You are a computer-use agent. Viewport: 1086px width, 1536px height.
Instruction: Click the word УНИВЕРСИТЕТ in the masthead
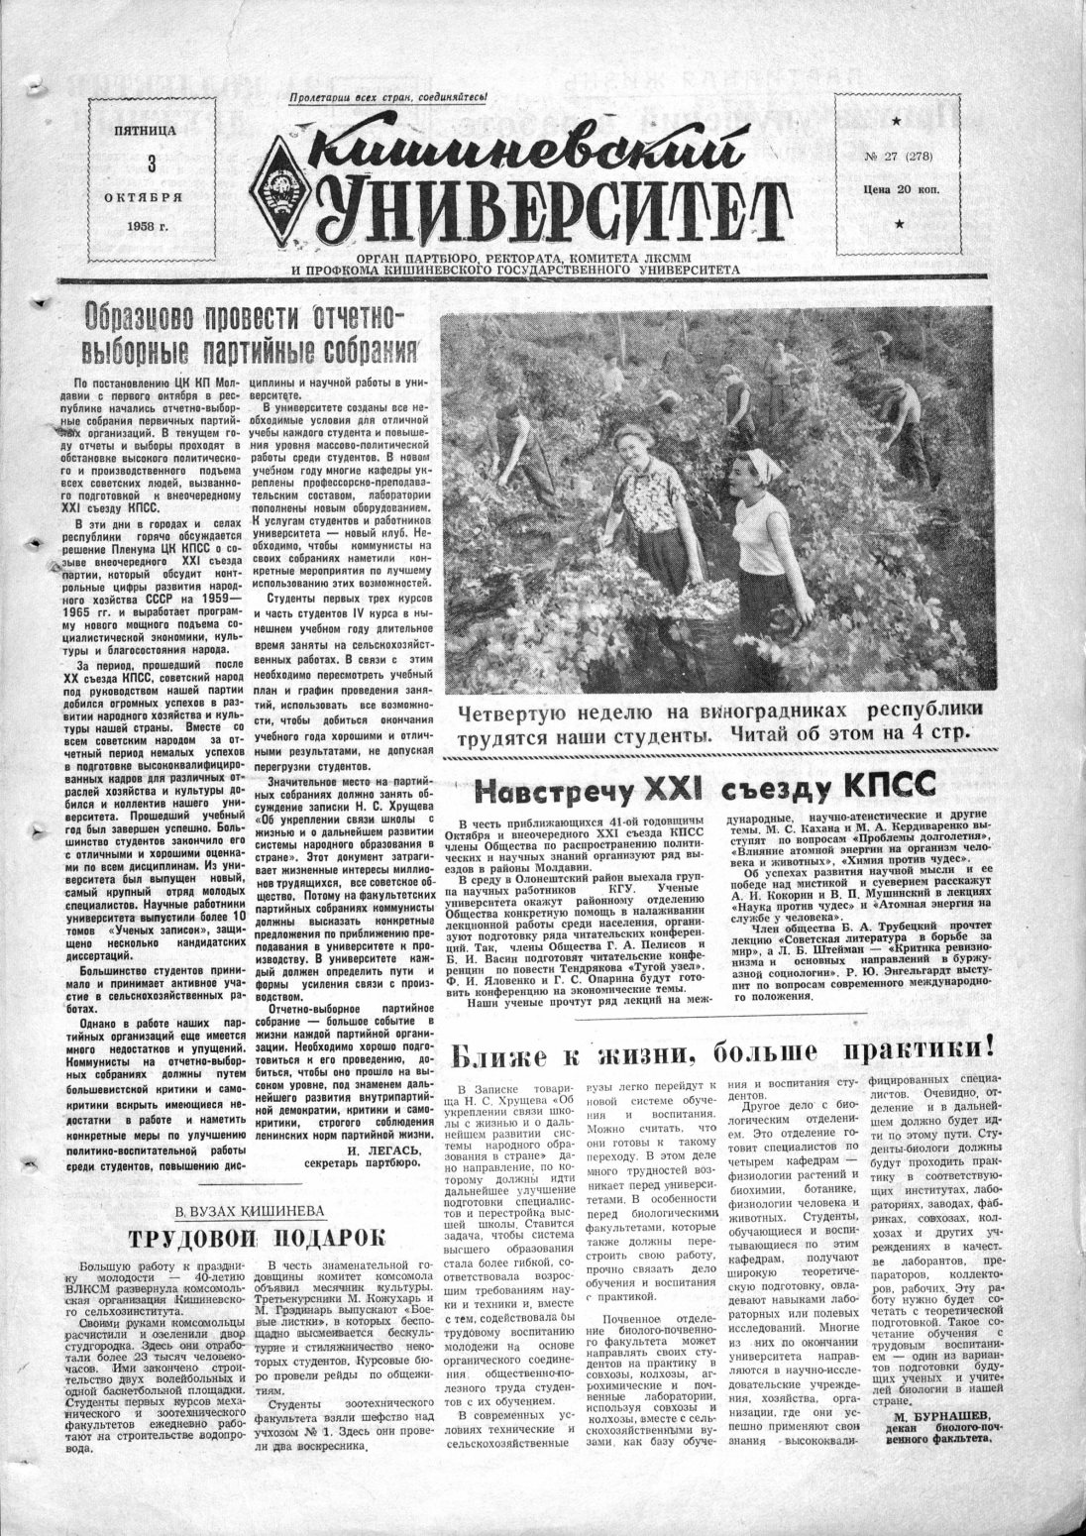click(555, 209)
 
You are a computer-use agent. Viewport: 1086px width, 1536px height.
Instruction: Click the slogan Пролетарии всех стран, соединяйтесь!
click(388, 97)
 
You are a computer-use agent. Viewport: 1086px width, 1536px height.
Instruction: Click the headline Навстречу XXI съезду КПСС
click(705, 788)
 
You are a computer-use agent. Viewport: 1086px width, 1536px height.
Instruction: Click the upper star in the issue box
click(899, 121)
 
